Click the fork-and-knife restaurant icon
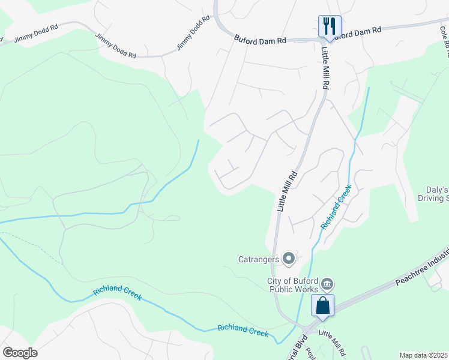click(x=330, y=26)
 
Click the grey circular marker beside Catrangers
click(x=289, y=259)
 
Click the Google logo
click(x=20, y=353)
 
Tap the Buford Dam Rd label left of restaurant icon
click(x=260, y=40)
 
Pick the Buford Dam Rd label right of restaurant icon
click(x=358, y=32)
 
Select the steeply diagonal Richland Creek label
click(x=336, y=207)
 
